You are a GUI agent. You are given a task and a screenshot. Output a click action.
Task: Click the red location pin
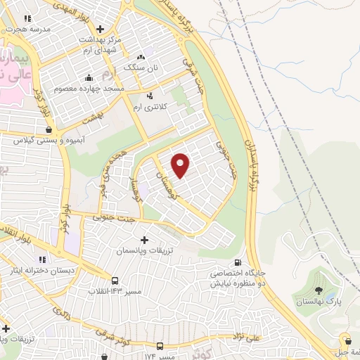181,165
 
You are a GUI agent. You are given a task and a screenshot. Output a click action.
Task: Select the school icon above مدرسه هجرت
27,19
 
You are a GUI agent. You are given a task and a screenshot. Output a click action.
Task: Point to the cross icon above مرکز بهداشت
101,30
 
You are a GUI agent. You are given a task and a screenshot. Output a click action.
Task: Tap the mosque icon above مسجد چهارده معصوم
89,78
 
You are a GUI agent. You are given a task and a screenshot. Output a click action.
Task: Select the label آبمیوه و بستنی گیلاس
47,141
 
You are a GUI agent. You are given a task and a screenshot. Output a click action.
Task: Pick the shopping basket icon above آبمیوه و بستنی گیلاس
48,129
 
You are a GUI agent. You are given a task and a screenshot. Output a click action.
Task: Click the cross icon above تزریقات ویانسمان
145,240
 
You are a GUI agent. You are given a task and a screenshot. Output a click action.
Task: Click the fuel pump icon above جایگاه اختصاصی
244,262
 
